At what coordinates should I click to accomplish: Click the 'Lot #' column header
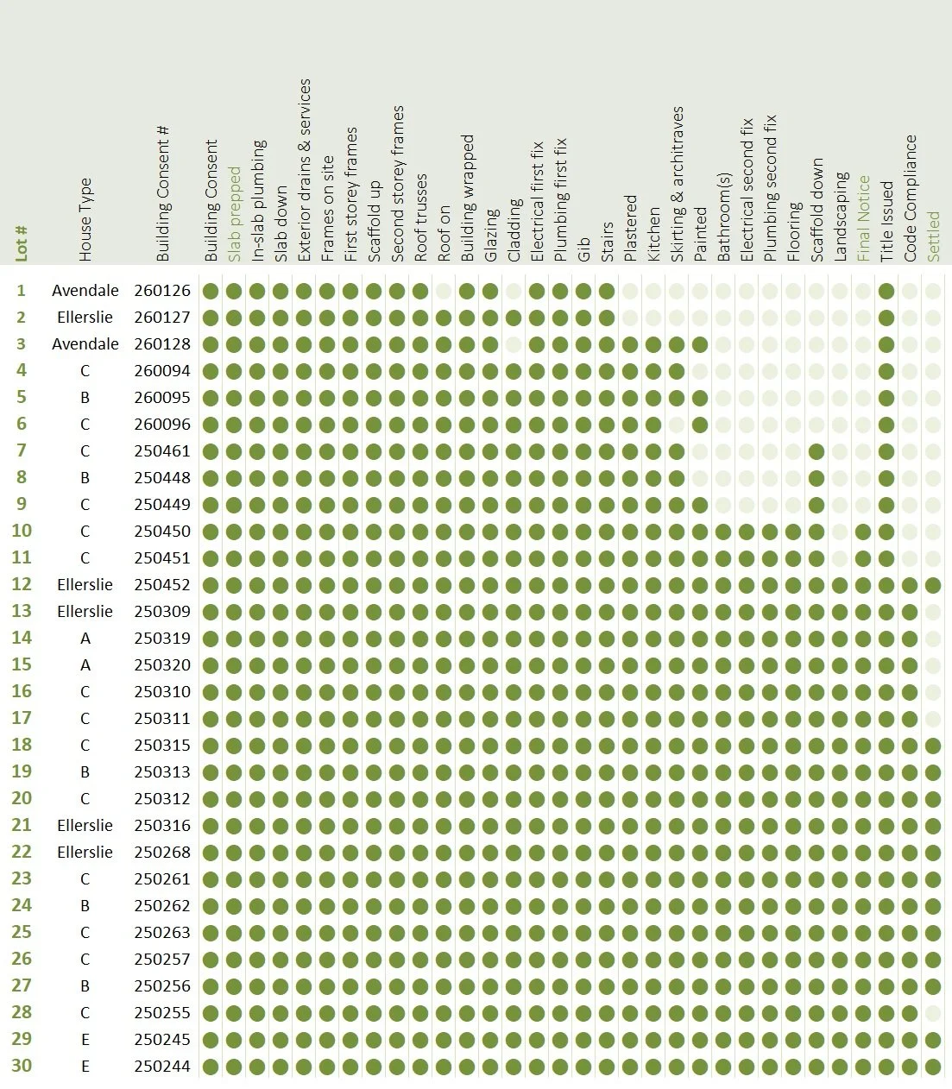point(22,243)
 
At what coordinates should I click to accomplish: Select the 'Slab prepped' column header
point(234,214)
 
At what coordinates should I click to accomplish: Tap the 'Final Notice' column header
point(864,218)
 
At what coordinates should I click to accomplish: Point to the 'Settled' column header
point(933,236)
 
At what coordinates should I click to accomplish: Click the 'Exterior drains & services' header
point(304,170)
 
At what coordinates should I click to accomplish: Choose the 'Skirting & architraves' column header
point(677,184)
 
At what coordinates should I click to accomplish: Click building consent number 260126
point(162,291)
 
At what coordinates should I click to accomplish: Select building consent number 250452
point(162,584)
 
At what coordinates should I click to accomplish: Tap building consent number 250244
point(162,1066)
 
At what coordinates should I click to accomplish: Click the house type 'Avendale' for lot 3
point(85,343)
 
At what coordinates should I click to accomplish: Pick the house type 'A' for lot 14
point(85,639)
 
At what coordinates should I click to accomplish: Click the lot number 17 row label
point(22,718)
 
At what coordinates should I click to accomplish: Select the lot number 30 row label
point(22,1066)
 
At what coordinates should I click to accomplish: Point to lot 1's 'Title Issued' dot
point(886,291)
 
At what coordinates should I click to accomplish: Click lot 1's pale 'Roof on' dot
point(444,291)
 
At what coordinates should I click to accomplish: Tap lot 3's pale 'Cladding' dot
point(514,344)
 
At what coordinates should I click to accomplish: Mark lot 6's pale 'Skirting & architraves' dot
point(677,425)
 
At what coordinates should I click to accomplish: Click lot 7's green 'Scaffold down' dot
point(816,452)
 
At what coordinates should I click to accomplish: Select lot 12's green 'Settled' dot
point(933,585)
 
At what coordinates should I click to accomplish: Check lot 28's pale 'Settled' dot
point(933,1013)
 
